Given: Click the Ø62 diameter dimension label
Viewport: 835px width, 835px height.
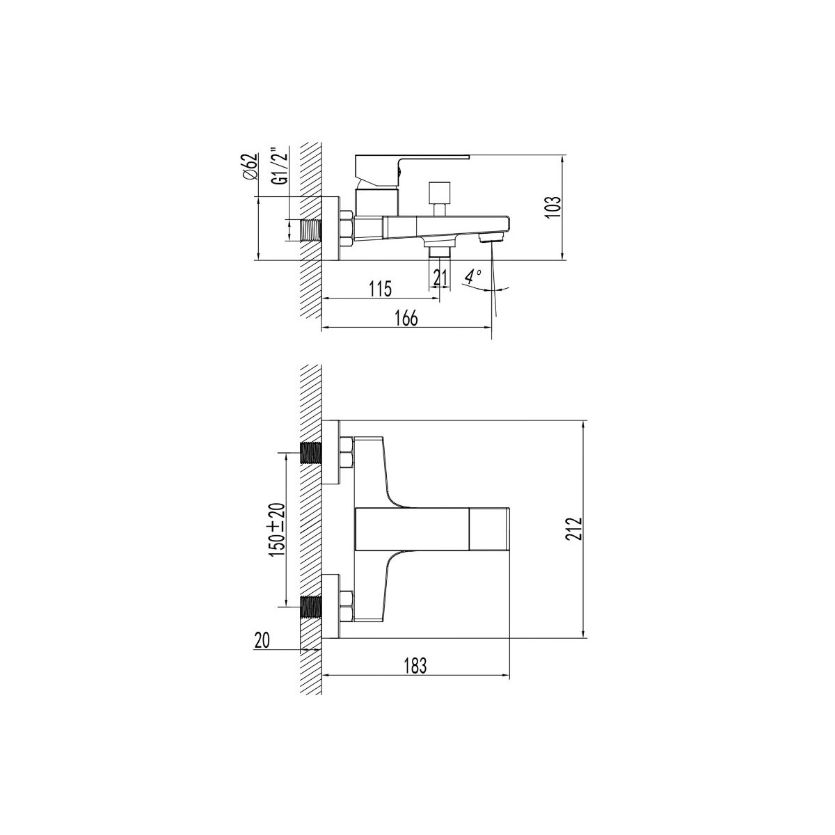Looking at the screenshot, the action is [x=251, y=167].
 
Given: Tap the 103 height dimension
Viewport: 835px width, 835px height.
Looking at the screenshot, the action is [x=553, y=209].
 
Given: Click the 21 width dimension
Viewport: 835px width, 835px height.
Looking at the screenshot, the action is [x=440, y=278].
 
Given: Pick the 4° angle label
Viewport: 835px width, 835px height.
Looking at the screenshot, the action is [x=472, y=275].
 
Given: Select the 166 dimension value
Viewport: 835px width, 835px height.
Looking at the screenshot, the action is [x=406, y=318].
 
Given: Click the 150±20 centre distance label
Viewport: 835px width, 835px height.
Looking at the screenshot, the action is [x=278, y=530].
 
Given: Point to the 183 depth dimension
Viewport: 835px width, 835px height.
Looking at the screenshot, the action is [x=413, y=678].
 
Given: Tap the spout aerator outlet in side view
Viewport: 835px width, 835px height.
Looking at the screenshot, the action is [x=492, y=237].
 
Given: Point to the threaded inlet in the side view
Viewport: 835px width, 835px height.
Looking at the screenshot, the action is [x=310, y=230].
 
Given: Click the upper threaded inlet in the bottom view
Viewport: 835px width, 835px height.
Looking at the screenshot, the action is [x=310, y=453].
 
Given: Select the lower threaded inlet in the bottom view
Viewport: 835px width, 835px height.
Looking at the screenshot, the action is [x=310, y=607].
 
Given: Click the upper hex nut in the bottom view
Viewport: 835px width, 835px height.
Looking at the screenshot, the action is [x=347, y=453].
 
